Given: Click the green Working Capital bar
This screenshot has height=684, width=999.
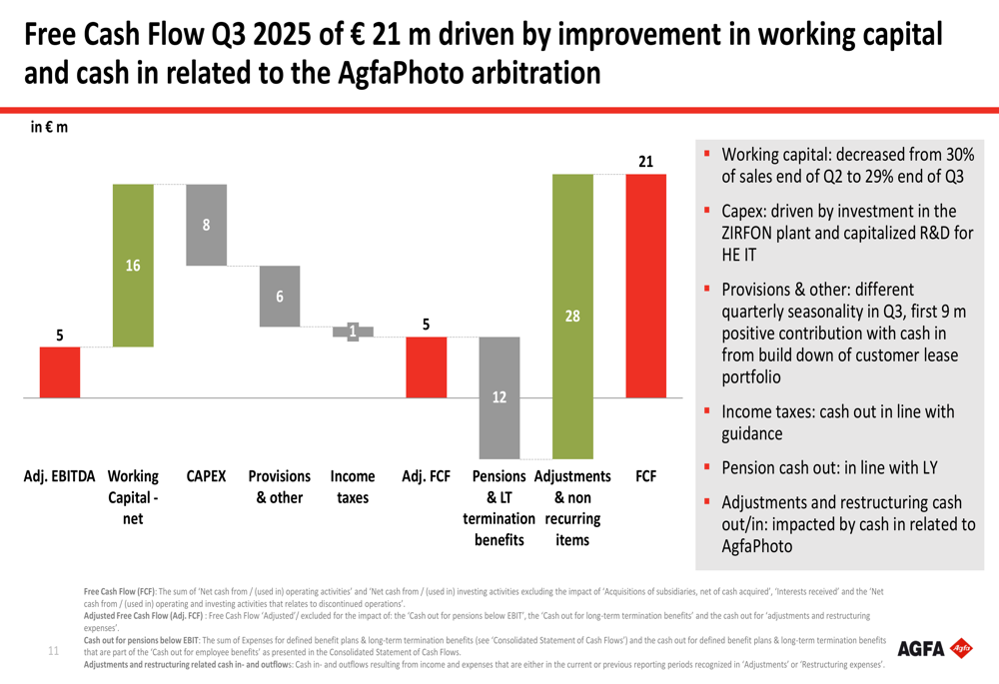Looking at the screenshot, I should coord(133,266).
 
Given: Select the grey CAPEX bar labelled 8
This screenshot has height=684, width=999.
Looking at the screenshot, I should coord(206,225).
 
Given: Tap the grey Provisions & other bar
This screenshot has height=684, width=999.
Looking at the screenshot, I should coord(280,296).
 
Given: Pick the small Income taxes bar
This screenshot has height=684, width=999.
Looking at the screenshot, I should coord(353,332).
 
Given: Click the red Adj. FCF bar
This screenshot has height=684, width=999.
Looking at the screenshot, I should coord(426,366).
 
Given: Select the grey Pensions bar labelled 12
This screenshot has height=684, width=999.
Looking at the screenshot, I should coord(499,396).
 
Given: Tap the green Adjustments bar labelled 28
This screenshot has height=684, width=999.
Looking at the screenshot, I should coord(572,316).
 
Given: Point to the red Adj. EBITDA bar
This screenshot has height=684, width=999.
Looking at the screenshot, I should coord(60,371).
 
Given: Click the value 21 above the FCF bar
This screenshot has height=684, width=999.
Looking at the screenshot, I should coord(646,161).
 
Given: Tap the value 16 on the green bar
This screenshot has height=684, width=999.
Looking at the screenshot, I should coord(133,266).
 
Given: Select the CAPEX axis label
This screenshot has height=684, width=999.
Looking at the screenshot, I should coord(206,477).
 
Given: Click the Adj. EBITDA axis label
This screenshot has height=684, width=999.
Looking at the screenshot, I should coord(60,477).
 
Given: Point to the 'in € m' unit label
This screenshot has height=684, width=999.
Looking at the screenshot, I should coord(49,127).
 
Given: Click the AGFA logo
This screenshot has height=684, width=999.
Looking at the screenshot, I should coord(934,649).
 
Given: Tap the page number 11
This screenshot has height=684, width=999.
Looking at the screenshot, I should coord(54,651).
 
